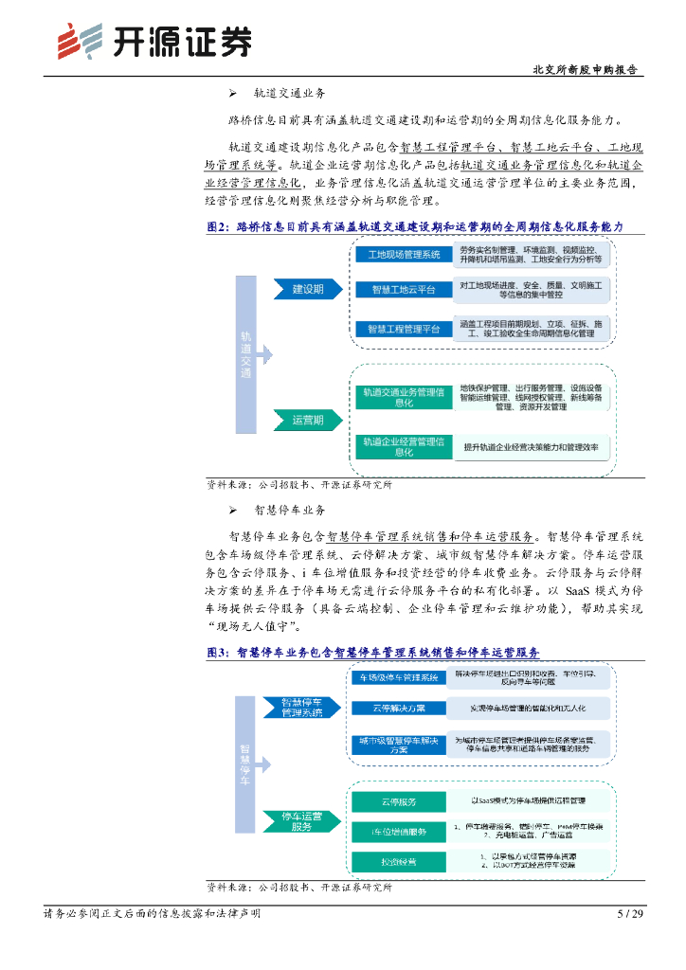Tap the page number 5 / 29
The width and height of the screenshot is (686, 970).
(629, 913)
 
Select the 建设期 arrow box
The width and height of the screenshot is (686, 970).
(307, 289)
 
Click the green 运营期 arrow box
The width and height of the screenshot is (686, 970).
(307, 420)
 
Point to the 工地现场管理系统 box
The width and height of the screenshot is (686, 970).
(404, 255)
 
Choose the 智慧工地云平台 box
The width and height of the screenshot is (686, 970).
(404, 289)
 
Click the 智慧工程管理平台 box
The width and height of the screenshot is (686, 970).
(404, 329)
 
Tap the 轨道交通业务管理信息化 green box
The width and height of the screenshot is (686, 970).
(404, 397)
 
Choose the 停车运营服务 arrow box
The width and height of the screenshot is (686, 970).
(301, 820)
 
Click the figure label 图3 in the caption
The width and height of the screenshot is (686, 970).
(219, 653)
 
